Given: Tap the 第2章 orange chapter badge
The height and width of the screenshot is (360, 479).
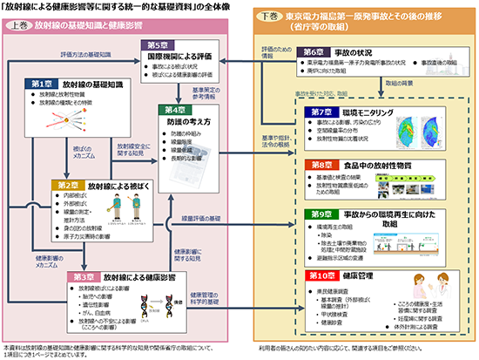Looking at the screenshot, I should coord(71,185).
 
